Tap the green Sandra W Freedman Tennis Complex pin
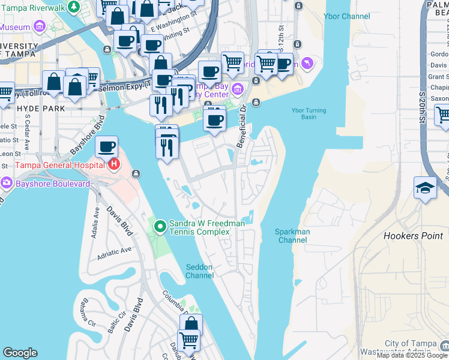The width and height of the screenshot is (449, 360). (160, 226)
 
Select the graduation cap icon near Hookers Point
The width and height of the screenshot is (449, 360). (425, 188)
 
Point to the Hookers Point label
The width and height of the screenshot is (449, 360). (413, 236)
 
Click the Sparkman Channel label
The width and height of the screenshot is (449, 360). (292, 236)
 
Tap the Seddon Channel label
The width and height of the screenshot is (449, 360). (199, 271)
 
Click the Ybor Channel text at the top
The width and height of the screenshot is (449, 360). (346, 16)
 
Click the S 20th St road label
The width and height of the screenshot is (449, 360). (423, 108)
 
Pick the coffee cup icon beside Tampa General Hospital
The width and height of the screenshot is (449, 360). (106, 146)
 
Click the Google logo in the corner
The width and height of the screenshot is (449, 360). (20, 353)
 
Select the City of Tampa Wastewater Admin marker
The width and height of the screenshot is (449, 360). (444, 346)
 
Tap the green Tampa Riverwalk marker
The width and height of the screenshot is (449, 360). (73, 6)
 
